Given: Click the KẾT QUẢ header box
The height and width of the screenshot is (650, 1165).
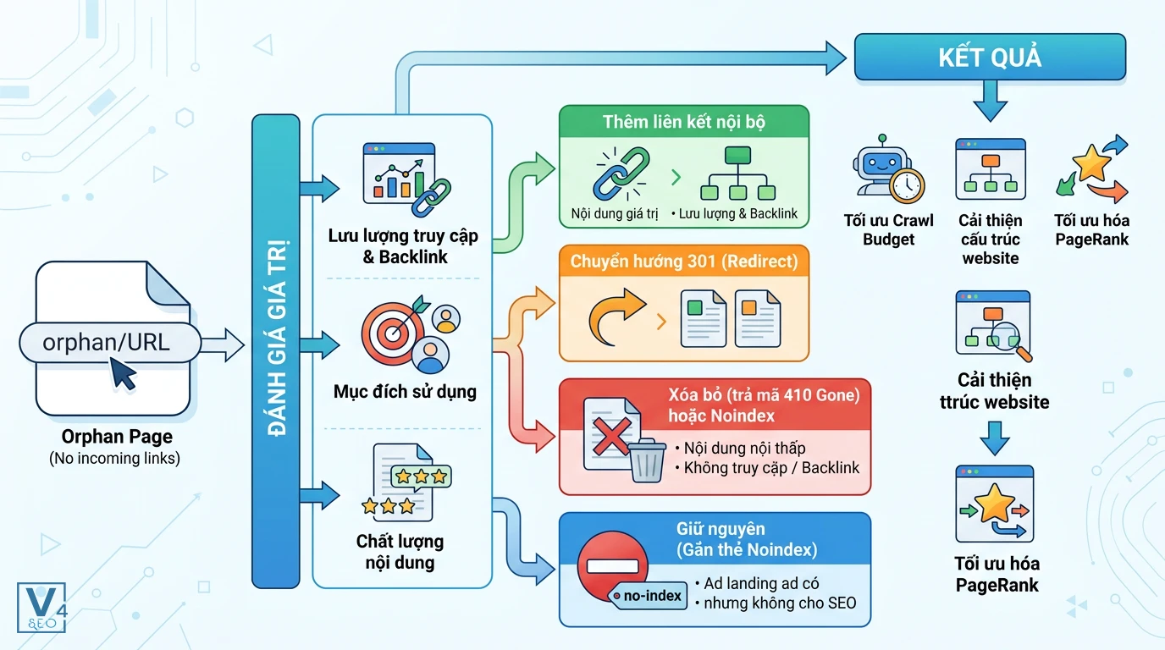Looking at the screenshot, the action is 990,58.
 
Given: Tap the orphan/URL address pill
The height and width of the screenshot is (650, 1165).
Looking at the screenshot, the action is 110,343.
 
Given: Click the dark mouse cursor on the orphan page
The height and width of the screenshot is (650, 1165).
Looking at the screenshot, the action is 124,373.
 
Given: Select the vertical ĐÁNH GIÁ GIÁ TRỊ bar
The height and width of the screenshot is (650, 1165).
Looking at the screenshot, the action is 276,351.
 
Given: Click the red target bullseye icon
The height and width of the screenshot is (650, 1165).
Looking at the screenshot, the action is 393,333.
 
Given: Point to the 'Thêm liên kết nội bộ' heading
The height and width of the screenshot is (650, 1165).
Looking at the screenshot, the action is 684,122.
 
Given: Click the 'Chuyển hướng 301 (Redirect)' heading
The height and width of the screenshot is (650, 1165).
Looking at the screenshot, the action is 684,261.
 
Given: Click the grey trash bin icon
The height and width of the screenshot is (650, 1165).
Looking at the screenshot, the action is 647,460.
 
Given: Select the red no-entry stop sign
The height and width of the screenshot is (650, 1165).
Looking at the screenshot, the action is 613,565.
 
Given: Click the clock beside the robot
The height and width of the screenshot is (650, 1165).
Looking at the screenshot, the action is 907,185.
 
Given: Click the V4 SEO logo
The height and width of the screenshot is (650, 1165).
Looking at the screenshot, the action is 41,608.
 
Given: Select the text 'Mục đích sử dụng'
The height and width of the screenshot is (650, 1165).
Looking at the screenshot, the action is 405,392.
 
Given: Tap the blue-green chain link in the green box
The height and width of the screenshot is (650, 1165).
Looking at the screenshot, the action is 621,174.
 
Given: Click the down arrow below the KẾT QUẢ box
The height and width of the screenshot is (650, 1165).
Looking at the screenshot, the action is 991,102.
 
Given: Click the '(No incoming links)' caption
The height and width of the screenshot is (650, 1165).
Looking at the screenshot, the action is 114,458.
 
